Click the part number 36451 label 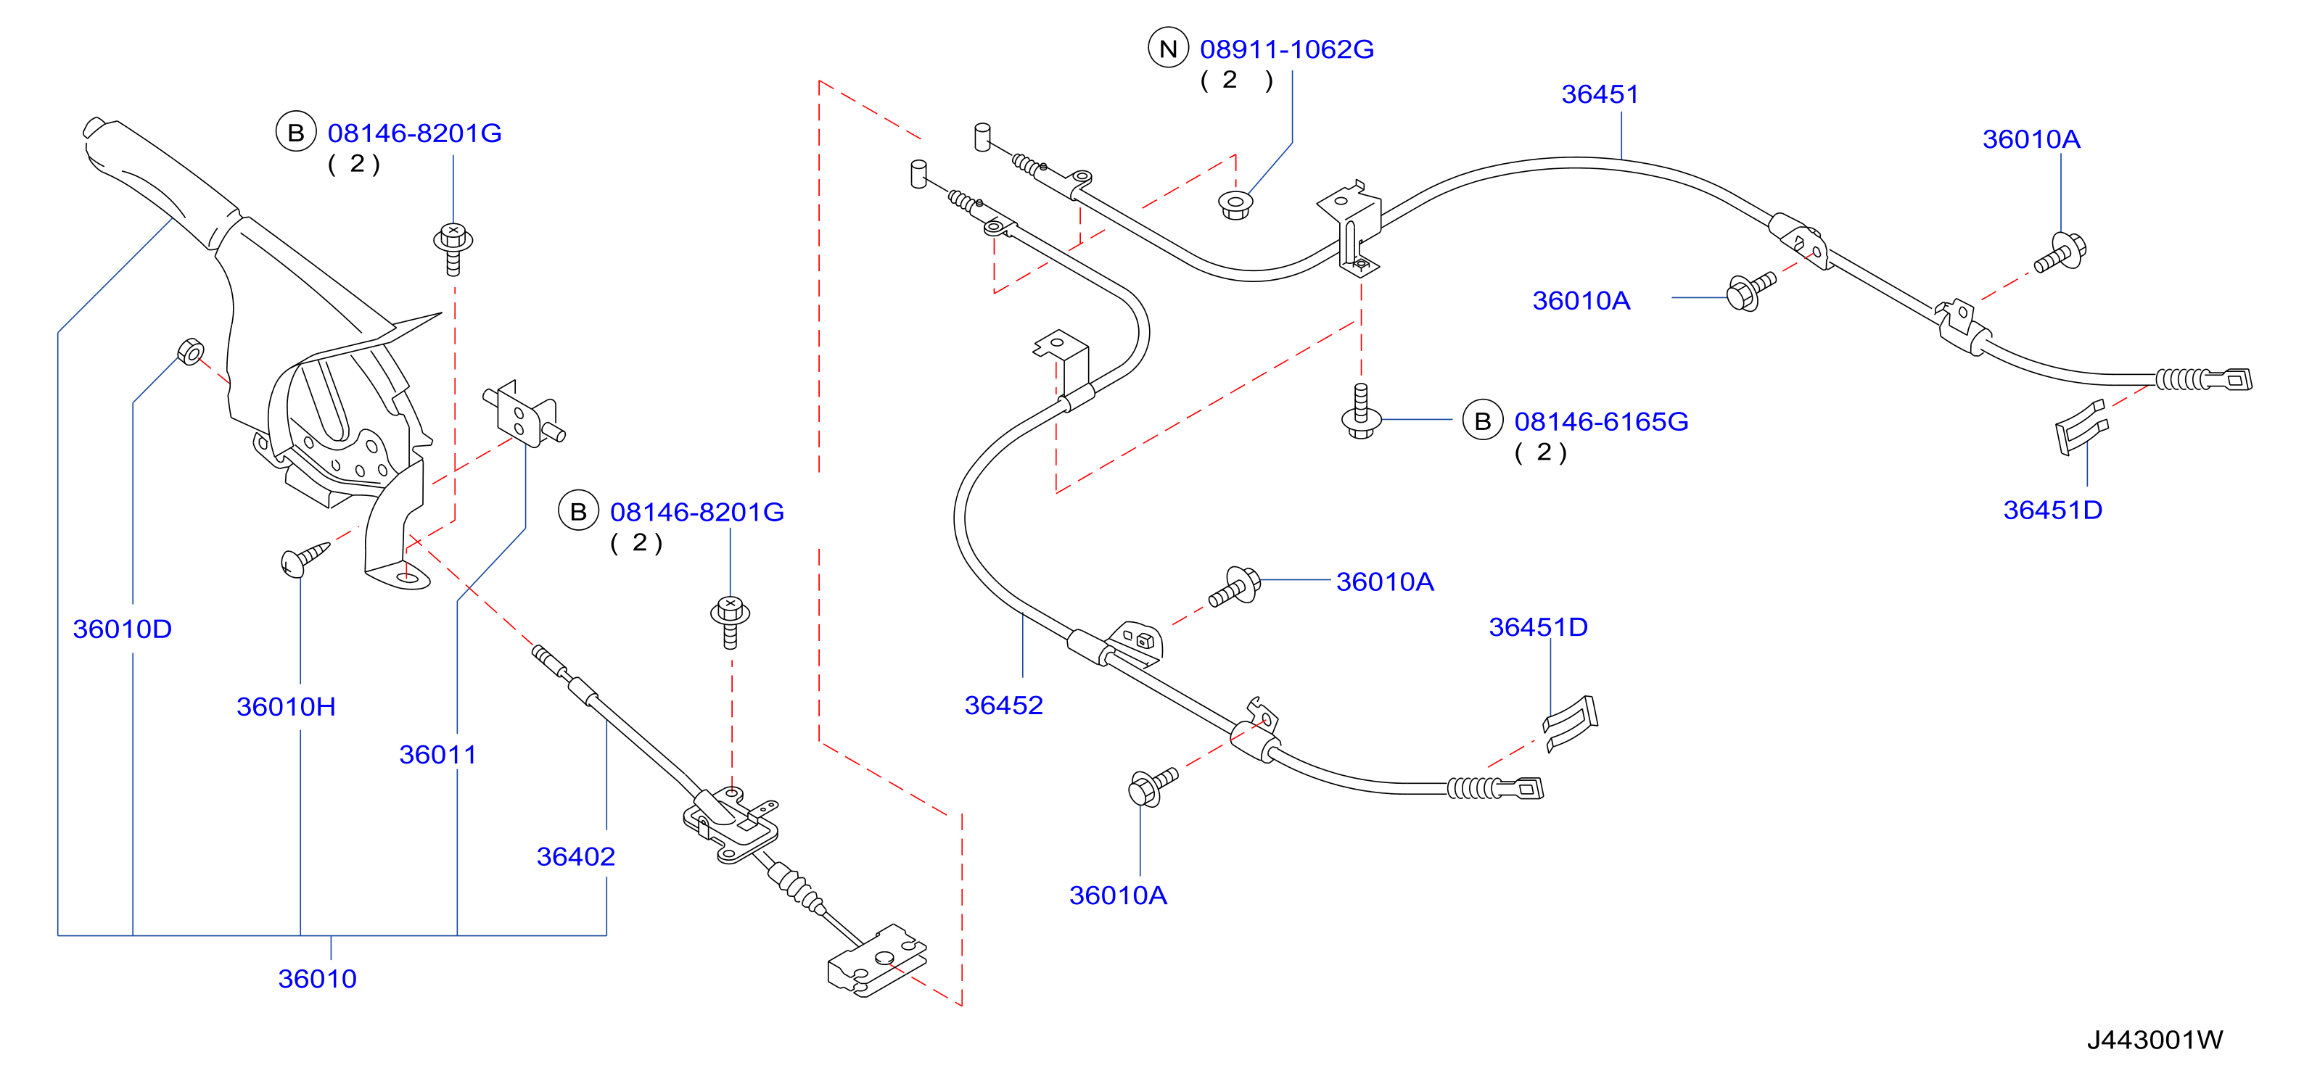point(1600,94)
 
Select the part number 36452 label point(1003,705)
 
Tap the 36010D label point(122,629)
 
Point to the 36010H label point(287,707)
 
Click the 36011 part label point(437,755)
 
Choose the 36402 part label point(575,857)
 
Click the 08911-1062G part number point(1287,49)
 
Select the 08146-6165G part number point(1601,422)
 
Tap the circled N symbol point(1168,49)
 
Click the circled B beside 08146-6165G point(1483,421)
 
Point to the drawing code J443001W point(2154,1040)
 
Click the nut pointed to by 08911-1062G point(1236,204)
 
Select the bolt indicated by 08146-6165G point(1361,412)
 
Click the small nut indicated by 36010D point(190,351)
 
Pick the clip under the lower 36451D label point(1571,722)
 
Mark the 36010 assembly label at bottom point(317,979)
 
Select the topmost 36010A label point(2031,139)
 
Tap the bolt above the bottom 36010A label point(1151,787)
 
